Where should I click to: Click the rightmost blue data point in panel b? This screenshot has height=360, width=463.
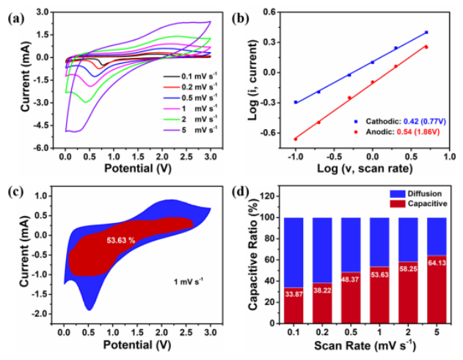(x=426, y=32)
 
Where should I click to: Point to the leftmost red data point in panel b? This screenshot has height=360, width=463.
(x=296, y=139)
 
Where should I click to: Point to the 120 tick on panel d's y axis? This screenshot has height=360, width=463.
(x=274, y=197)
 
